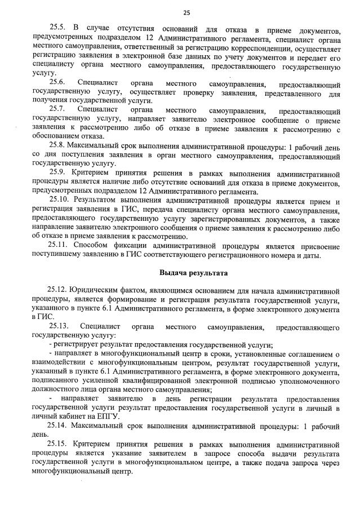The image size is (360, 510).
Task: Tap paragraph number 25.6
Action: point(59,82)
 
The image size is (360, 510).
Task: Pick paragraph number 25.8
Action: point(59,145)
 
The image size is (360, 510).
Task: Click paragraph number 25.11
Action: point(60,246)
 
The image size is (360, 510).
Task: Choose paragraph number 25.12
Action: point(59,291)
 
